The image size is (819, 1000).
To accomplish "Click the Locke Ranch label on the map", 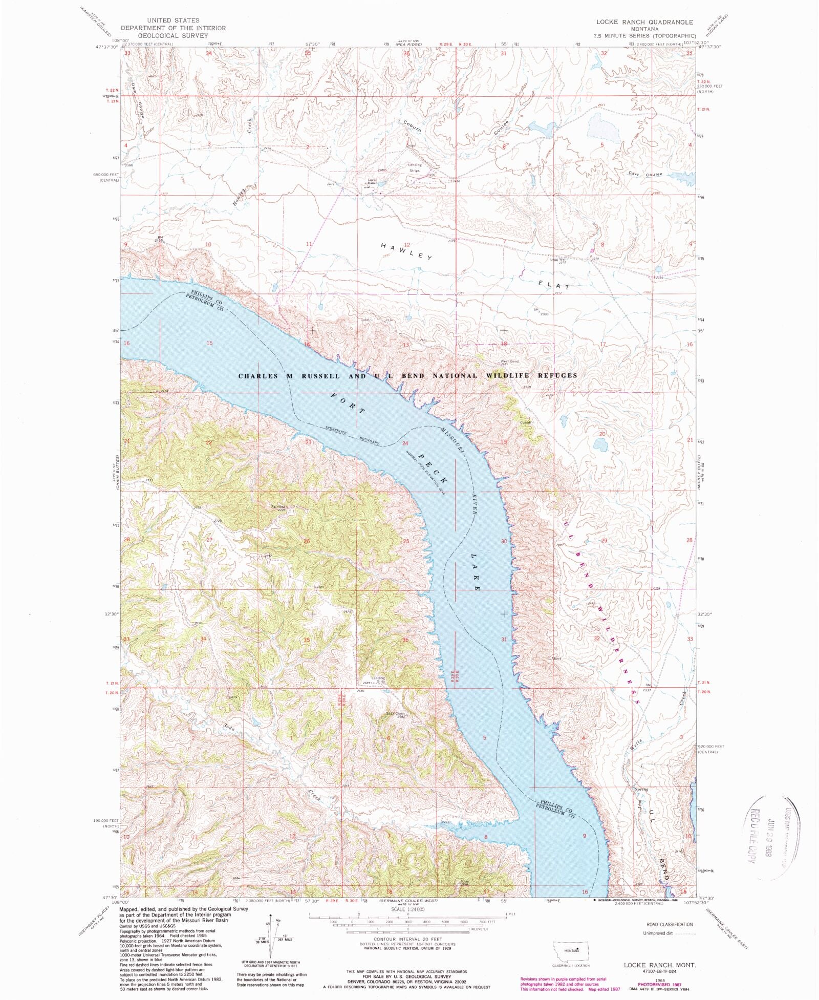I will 372,181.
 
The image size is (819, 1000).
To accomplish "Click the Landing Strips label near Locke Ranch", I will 415,167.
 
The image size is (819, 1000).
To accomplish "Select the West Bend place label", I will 509,361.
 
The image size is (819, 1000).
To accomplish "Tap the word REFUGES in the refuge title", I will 556,375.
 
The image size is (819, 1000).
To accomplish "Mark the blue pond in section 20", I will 600,444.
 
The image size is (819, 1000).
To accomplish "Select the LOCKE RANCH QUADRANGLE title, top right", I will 644,22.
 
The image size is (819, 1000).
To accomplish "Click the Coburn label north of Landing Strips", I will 412,126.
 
